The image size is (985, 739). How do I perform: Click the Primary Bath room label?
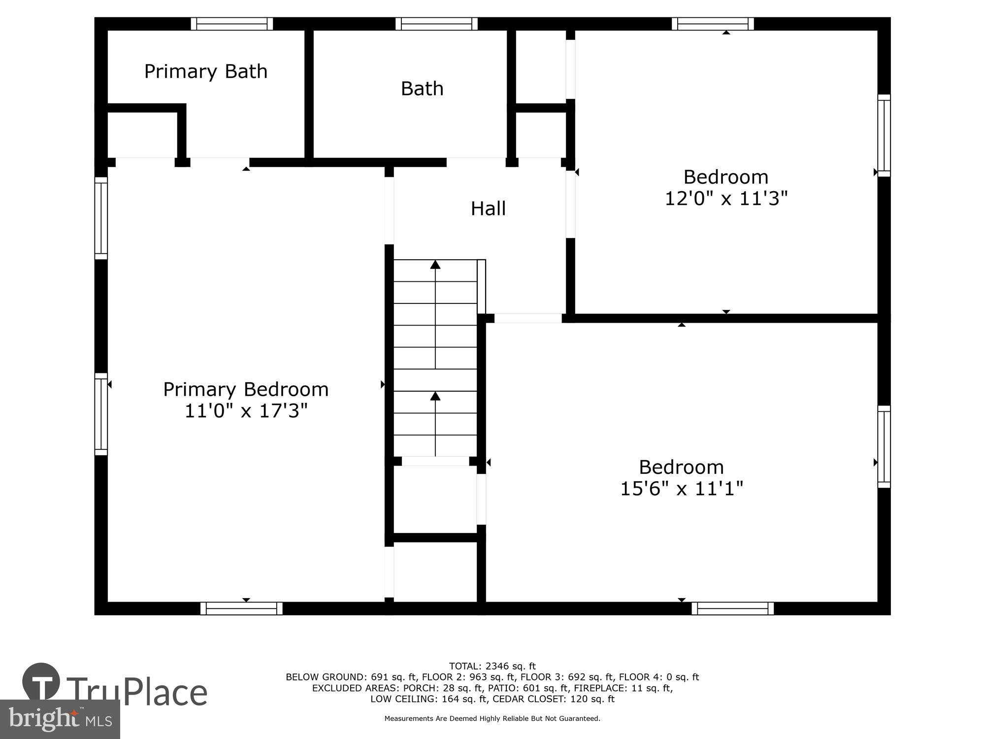click(206, 72)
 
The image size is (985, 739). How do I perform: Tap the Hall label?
click(488, 209)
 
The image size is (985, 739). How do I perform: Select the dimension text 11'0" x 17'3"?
click(246, 411)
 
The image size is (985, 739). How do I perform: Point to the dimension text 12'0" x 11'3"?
click(726, 199)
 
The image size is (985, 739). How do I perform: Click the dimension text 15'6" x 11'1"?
click(681, 489)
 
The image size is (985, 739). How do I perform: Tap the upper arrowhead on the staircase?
click(435, 265)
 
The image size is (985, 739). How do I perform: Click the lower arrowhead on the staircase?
click(435, 396)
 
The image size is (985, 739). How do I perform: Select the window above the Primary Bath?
click(232, 24)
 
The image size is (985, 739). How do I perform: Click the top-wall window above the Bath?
click(436, 24)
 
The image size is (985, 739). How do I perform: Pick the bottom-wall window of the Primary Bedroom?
click(241, 608)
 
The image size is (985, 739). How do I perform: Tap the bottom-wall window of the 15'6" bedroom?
click(732, 608)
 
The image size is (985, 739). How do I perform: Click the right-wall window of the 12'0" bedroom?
click(884, 135)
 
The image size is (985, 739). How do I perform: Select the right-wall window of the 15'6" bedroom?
click(884, 447)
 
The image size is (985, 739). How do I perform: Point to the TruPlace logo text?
click(137, 692)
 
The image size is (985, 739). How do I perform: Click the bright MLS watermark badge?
click(60, 719)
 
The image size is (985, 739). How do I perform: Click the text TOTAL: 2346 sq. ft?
click(492, 667)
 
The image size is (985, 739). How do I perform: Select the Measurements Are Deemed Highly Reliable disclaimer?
click(492, 719)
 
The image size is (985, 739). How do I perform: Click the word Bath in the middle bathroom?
click(422, 89)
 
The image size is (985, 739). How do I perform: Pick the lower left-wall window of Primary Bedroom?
click(101, 414)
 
